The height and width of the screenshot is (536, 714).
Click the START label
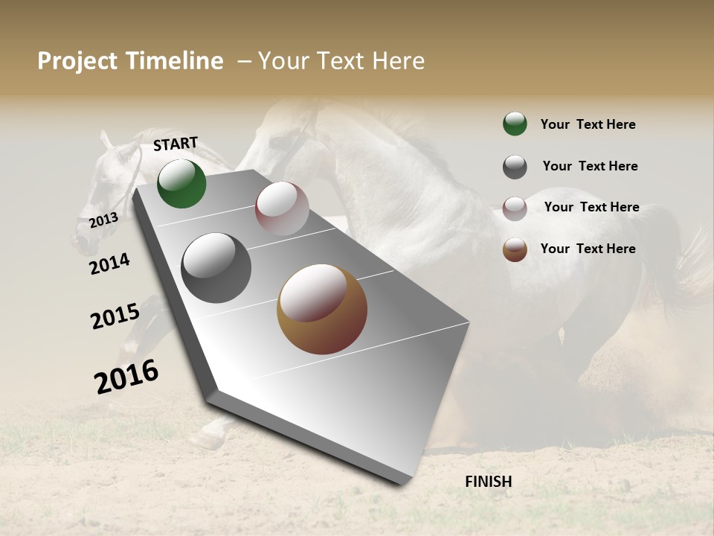pos(176,144)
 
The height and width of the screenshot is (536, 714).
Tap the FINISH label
pos(488,482)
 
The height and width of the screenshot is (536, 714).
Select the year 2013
pos(104,220)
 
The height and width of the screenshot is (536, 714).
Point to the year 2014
pos(109,264)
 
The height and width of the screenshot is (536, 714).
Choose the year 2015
pos(115,316)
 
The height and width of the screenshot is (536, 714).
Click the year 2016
pos(126,376)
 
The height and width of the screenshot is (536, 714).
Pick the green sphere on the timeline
pos(181,184)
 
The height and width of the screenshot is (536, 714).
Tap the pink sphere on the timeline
pos(282,208)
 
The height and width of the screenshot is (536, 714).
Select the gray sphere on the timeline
pos(216,268)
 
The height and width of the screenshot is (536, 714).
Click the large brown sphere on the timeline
pos(322,309)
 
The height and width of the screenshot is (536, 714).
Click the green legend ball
pos(515,124)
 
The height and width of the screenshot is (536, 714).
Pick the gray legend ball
pos(515,167)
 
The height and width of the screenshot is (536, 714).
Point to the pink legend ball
pos(515,208)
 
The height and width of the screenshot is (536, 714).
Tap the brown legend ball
pos(515,249)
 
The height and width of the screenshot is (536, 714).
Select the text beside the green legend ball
pos(588,124)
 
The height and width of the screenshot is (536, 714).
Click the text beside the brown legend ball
pos(588,249)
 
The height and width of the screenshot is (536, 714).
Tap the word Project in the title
pos(78,61)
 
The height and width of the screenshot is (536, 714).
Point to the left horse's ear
pos(106,138)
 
